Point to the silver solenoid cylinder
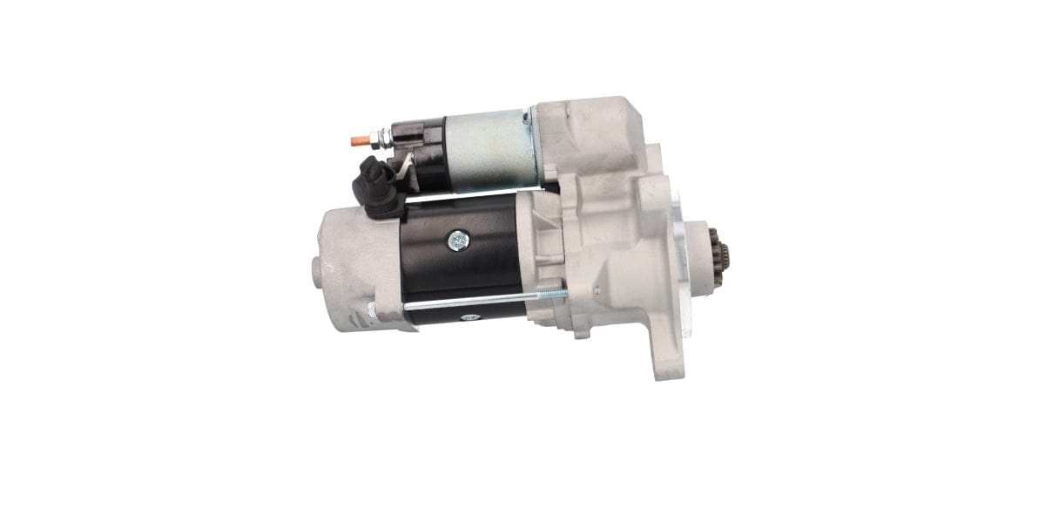point(488,150)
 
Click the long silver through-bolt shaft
point(470,302)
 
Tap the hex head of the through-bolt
point(373,310)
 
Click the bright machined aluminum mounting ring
point(679,261)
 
